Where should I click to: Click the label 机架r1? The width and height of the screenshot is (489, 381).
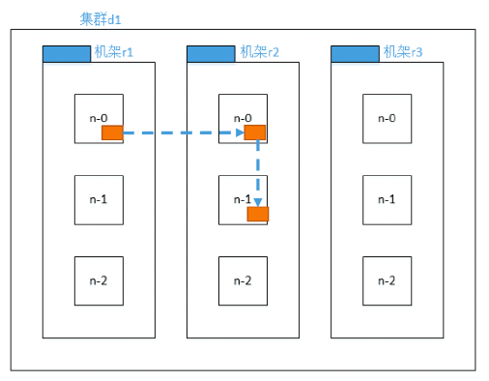112,52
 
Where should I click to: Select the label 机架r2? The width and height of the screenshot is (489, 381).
258,52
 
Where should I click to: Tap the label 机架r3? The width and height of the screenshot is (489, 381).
402,52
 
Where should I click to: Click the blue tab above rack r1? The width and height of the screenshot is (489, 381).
67,53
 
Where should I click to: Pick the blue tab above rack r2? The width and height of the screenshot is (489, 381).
211,53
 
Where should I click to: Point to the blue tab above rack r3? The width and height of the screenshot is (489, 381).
355,53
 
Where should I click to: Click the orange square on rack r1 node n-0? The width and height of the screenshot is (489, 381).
112,132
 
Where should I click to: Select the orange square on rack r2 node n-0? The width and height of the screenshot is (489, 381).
255,132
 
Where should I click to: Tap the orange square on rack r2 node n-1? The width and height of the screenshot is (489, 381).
257,214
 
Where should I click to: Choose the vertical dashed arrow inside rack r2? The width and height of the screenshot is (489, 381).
258,169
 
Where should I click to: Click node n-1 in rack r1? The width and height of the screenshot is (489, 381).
99,199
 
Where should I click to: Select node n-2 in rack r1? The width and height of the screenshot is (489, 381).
99,280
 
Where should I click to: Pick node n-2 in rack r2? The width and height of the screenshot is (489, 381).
243,280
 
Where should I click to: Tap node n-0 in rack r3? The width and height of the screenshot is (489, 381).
387,118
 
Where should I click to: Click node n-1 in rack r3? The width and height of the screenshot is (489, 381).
387,199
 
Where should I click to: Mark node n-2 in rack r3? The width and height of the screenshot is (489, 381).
387,280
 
